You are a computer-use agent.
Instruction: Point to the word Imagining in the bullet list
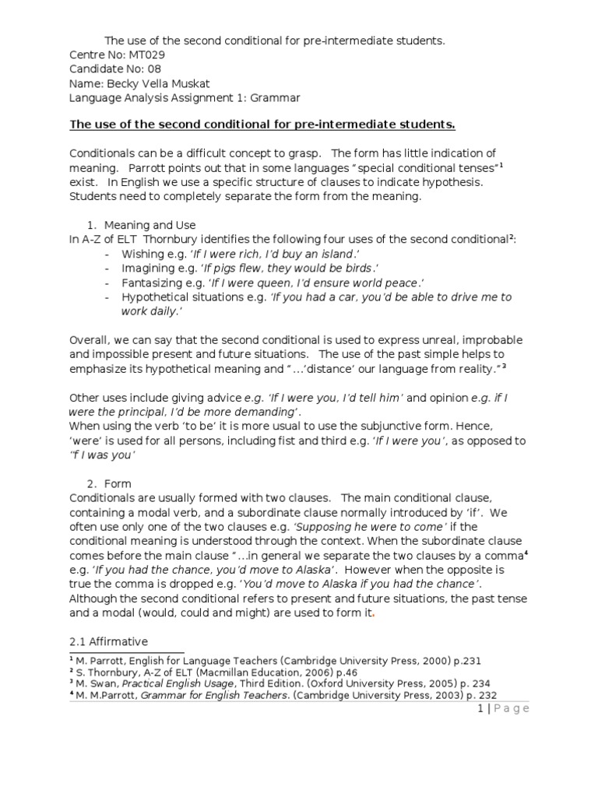point(147,269)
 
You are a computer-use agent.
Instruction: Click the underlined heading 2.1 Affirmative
point(109,641)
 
